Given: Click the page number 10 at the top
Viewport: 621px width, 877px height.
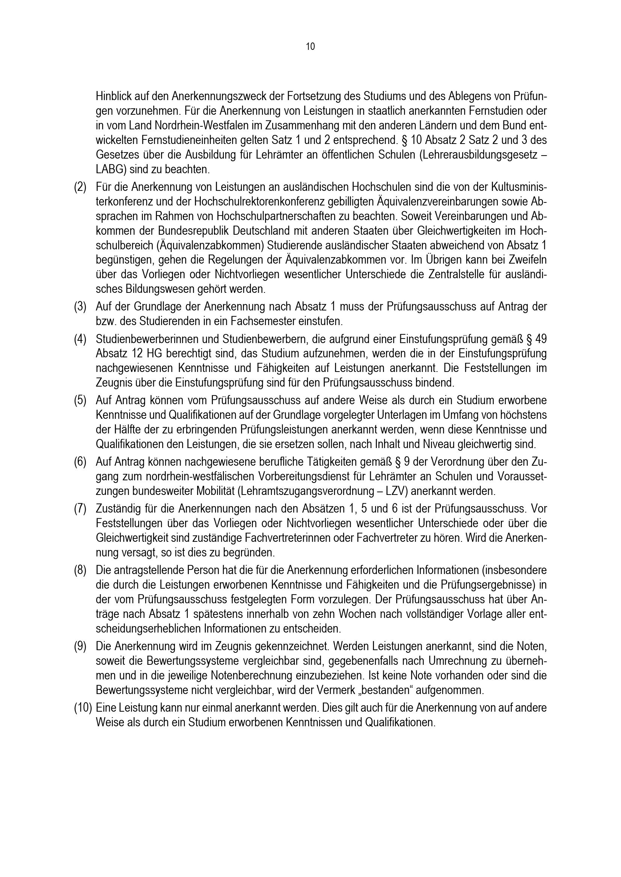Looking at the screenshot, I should [x=310, y=46].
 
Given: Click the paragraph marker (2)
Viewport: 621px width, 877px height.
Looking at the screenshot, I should [x=80, y=187].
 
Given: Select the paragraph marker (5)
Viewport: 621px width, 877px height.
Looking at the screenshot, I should [x=80, y=400].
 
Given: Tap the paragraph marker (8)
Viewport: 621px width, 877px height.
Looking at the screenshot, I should [x=80, y=570].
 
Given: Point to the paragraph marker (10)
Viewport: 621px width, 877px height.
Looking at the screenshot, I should [x=83, y=708].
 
